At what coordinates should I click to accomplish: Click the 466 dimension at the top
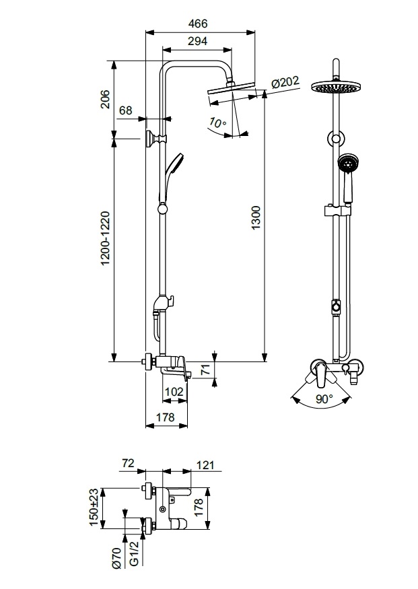coord(198,23)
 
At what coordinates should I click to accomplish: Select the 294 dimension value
coord(197,41)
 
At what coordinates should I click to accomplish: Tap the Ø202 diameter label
coord(284,82)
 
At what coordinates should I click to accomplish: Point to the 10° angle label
coord(216,123)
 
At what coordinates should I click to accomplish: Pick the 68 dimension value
coord(125,110)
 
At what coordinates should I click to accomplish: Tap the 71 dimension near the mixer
coord(207,368)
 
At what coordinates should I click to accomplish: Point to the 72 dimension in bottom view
coord(129,463)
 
